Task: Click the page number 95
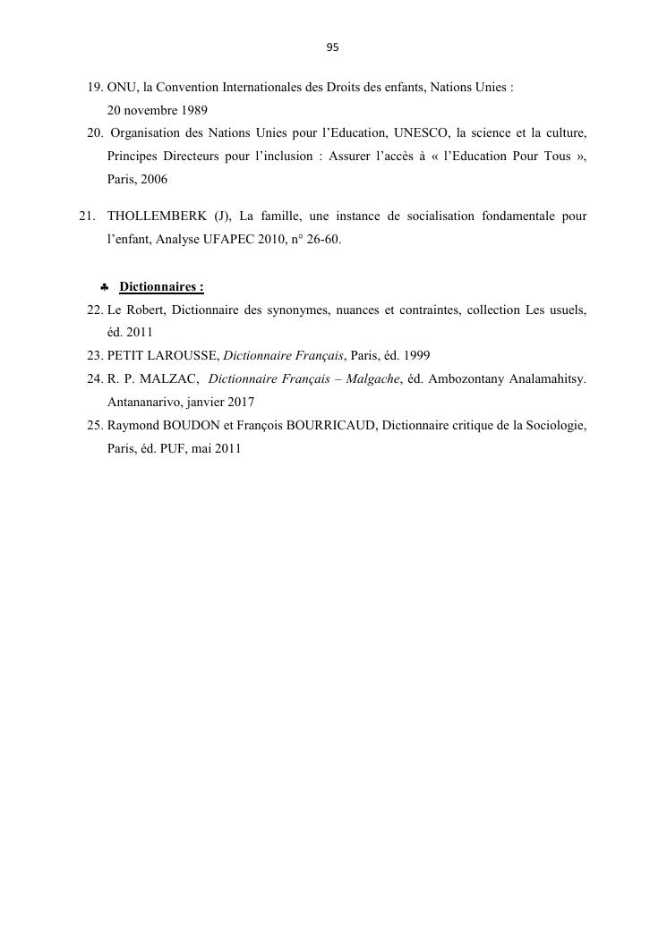(333, 47)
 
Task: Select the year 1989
(192, 111)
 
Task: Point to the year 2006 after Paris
(153, 180)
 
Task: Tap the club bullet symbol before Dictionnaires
(104, 287)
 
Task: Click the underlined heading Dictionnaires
(161, 287)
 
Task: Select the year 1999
(415, 356)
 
